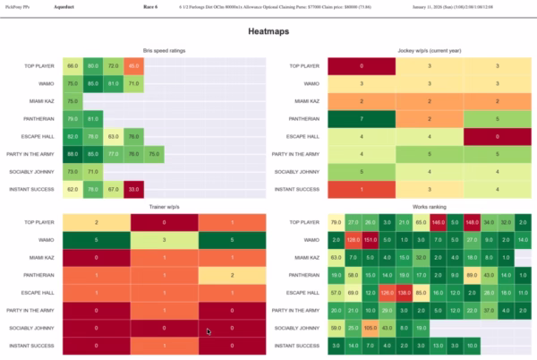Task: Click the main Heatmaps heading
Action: [268, 31]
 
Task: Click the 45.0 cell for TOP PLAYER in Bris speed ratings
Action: [132, 66]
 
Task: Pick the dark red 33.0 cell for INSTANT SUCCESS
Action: [132, 188]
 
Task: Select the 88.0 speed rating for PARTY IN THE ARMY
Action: [72, 153]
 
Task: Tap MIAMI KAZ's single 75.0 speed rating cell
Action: [72, 101]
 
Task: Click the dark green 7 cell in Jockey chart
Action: [361, 118]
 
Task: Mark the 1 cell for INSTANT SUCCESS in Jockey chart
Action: [361, 188]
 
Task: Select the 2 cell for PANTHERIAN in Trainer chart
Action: [232, 275]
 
